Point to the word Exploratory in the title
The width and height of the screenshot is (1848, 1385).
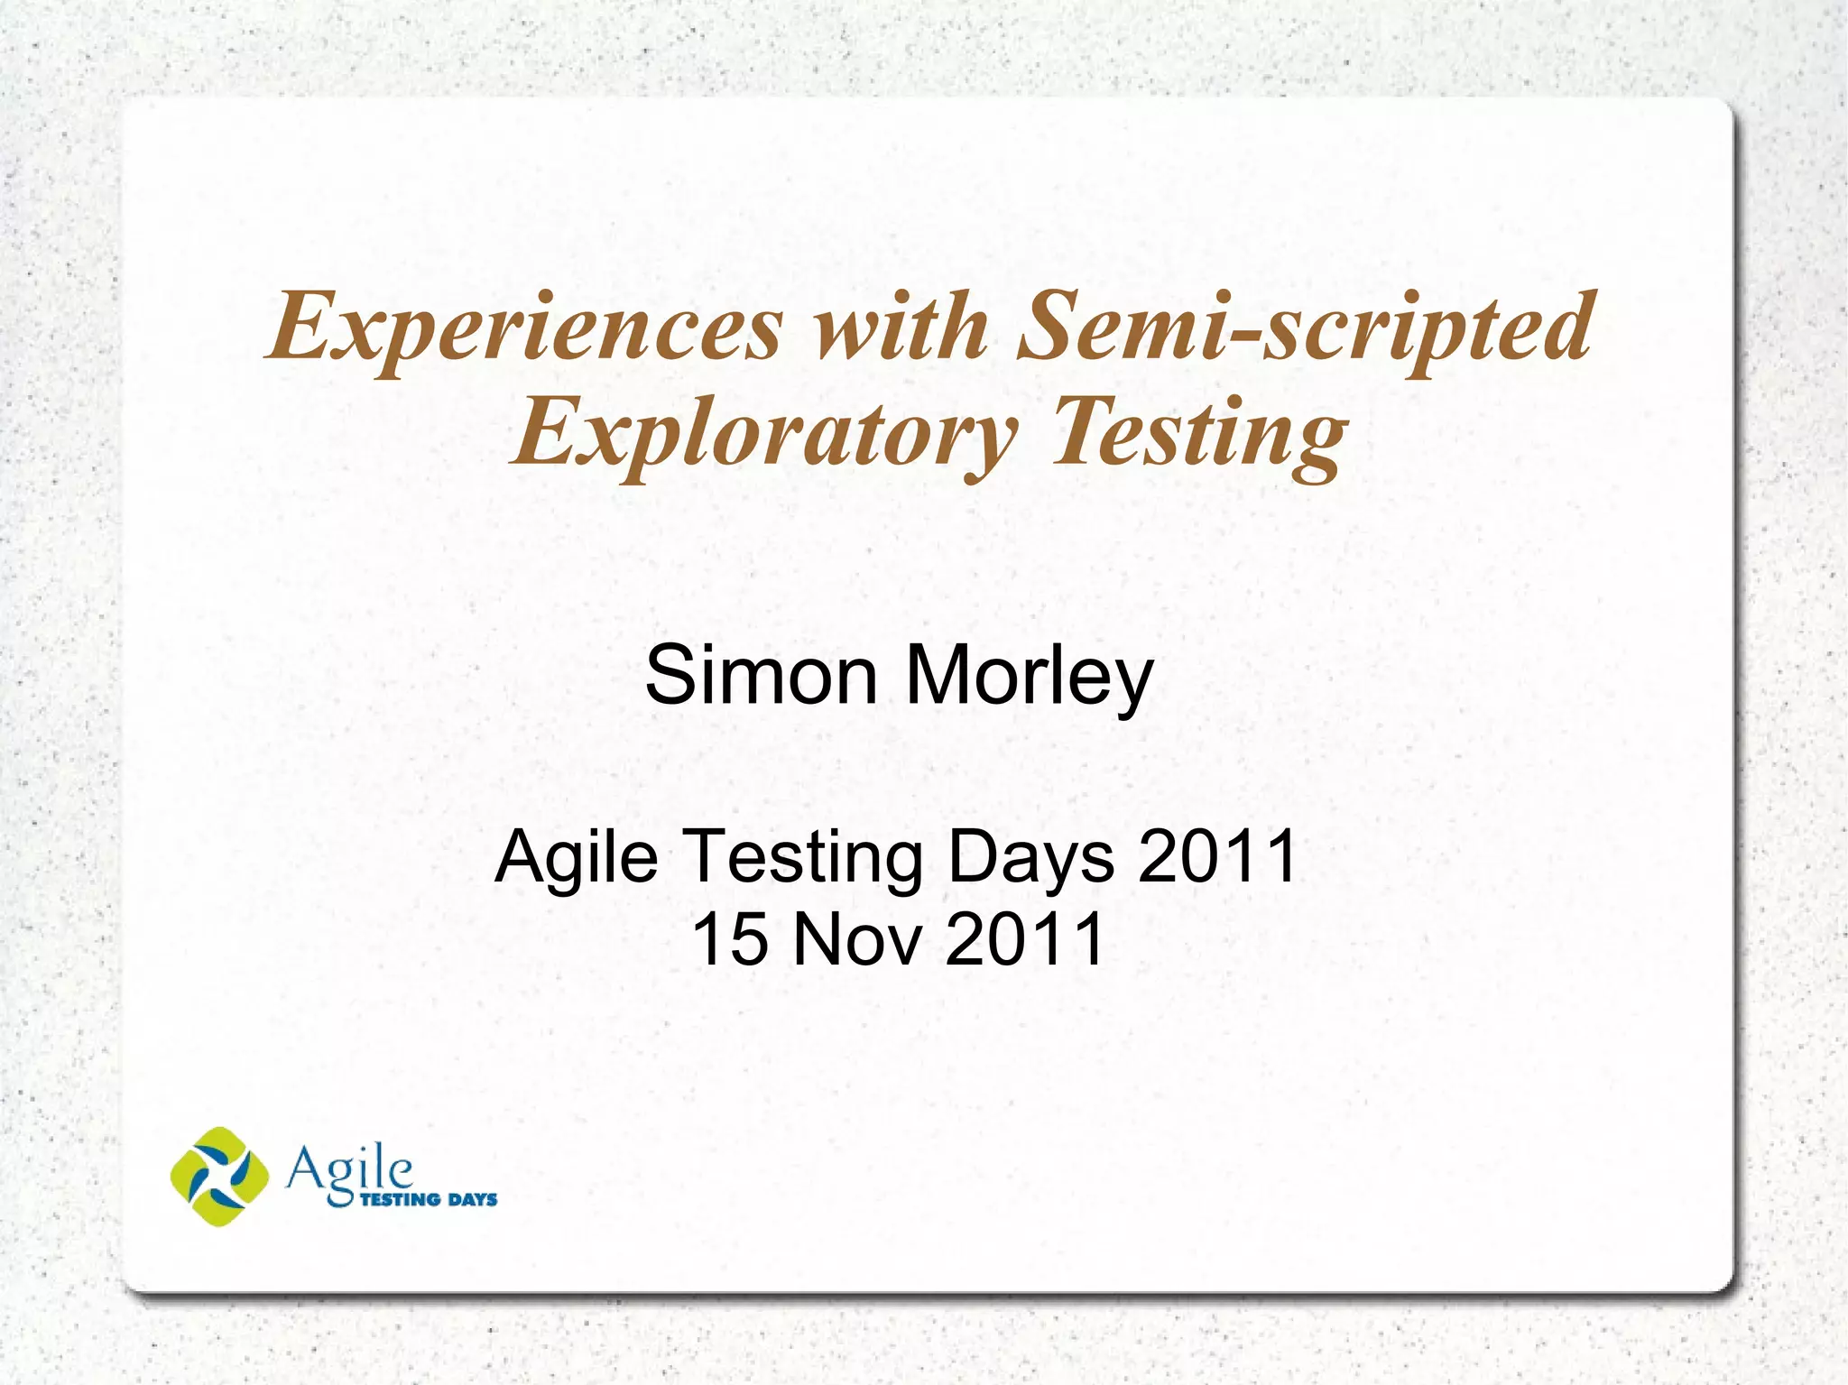coord(764,434)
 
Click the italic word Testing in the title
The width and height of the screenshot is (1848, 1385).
coord(1199,434)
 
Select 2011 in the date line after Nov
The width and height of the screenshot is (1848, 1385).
coord(1025,938)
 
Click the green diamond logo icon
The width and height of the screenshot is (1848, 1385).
coord(219,1176)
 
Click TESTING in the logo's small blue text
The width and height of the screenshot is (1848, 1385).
coord(400,1199)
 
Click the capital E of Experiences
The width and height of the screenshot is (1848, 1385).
coord(300,327)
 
